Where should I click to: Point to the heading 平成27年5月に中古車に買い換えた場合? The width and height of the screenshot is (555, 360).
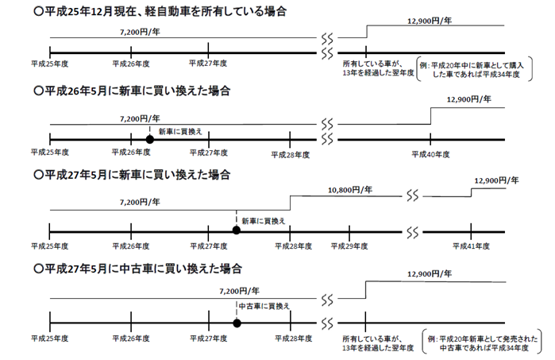click(138, 268)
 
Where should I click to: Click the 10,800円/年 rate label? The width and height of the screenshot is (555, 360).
click(350, 191)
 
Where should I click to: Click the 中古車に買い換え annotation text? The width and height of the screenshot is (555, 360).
click(265, 305)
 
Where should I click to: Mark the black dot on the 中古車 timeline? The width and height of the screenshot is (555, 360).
click(237, 323)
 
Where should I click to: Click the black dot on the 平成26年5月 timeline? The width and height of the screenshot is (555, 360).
click(148, 138)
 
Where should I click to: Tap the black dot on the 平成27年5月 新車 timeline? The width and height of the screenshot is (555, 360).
click(236, 230)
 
